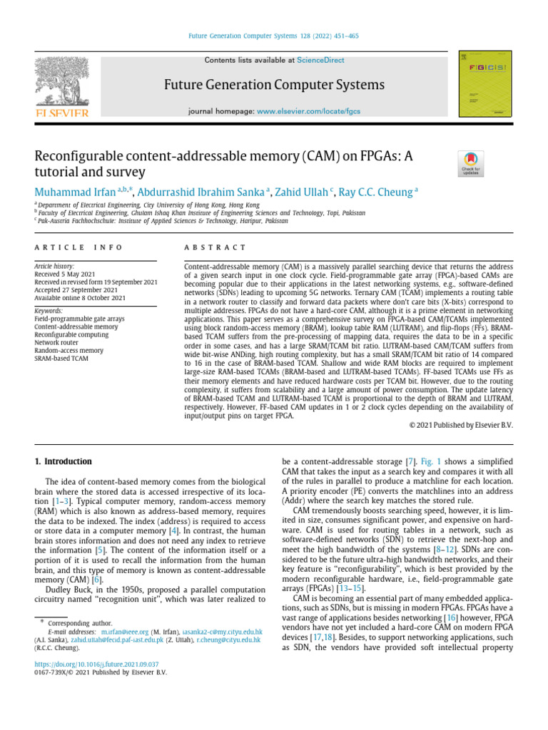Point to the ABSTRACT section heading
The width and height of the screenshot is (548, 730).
click(215, 247)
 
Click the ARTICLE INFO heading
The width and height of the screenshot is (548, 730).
click(78, 247)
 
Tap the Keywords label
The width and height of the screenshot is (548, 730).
click(49, 312)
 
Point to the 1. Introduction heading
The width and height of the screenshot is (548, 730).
click(64, 461)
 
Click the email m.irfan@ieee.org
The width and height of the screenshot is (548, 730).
click(125, 632)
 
